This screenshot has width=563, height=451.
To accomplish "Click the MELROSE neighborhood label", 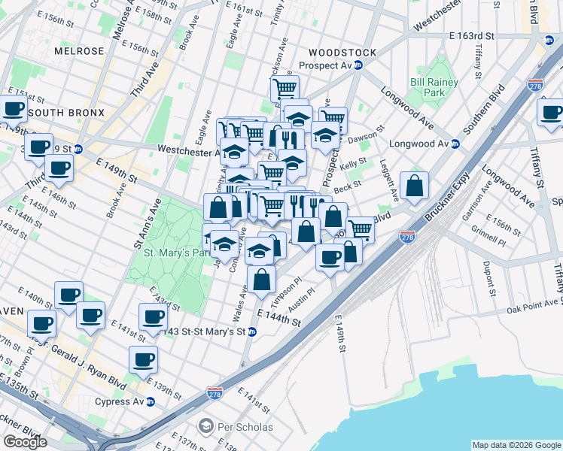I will pos(78,51).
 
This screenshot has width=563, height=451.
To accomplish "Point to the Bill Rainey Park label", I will pos(430,87).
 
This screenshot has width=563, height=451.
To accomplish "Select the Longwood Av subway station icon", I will pos(455,144).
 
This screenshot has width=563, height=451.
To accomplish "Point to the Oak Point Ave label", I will pos(534,305).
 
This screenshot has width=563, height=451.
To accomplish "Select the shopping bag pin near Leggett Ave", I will pos(414,186).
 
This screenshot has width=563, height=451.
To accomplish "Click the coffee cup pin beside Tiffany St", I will pos(549,113).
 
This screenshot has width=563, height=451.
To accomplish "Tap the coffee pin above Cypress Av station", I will pos(142,359).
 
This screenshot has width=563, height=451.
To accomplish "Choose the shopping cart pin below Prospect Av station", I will pos(285,88).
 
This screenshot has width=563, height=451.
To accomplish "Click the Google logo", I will pos(25,441).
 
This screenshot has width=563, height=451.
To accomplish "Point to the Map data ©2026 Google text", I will pos(516,444).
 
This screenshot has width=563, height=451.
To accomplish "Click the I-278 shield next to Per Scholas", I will pos(215,393).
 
